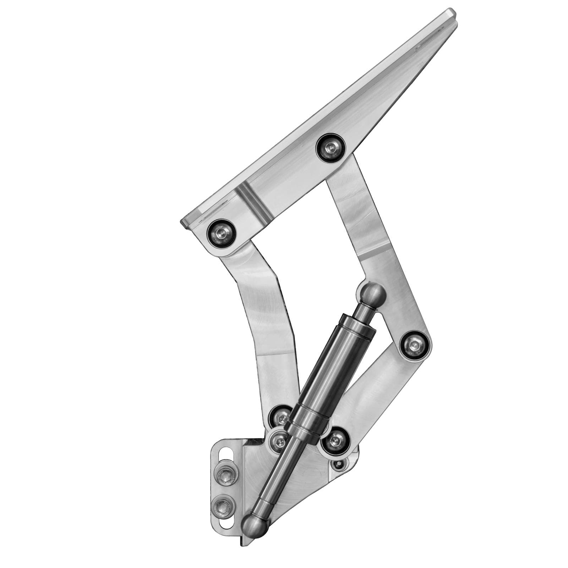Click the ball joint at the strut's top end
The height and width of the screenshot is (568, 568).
click(x=371, y=294)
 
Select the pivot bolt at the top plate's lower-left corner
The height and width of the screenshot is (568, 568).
click(x=221, y=233)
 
